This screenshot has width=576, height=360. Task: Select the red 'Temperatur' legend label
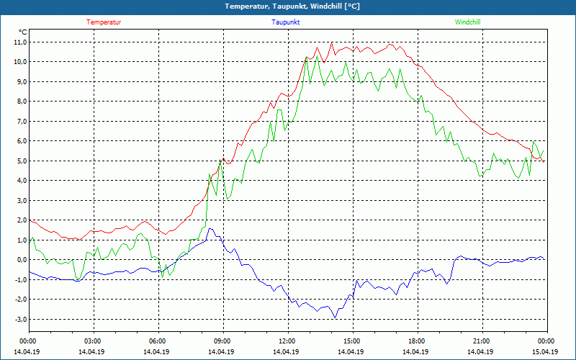coord(104,22)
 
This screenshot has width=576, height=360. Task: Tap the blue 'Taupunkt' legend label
coord(286,22)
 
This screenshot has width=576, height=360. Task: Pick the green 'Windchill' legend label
coord(467,22)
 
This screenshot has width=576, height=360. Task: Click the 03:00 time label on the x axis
coord(93,341)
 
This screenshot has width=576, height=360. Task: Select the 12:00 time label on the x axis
coord(287,341)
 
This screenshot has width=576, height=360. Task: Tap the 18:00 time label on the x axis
coord(417,341)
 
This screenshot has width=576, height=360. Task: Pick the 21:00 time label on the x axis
coord(482,341)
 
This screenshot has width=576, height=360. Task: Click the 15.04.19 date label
coord(545,352)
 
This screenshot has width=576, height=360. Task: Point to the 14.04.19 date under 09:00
coord(222,352)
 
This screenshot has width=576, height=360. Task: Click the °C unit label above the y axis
coord(23,32)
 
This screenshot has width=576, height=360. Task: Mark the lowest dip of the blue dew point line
coord(335,318)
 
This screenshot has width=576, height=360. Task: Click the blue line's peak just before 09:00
coord(210,229)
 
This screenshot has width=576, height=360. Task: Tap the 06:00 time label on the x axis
coord(158,341)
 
